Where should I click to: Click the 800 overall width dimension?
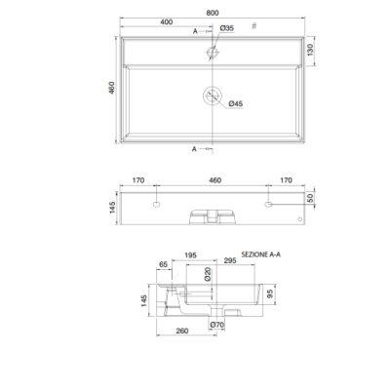tap(213, 13)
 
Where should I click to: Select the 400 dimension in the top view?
tap(167, 22)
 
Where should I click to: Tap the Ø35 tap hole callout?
tap(227, 28)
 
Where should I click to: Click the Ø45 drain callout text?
tap(236, 103)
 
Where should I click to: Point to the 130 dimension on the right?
tap(310, 50)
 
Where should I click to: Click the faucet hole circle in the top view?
tap(213, 52)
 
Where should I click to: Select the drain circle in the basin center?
tap(213, 96)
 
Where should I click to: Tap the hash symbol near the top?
tap(254, 26)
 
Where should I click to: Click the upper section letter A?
tap(195, 31)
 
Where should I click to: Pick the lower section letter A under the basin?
tap(194, 149)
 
